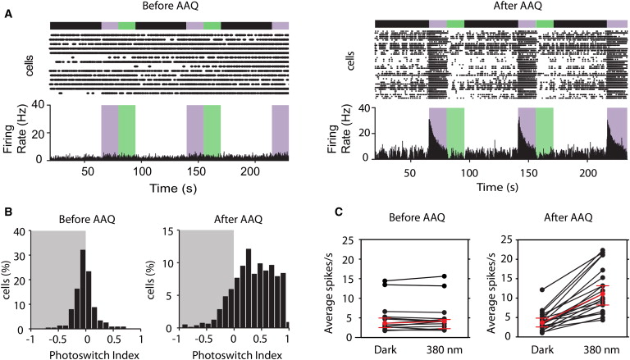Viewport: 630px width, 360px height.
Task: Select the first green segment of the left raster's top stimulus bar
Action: [x=126, y=25]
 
